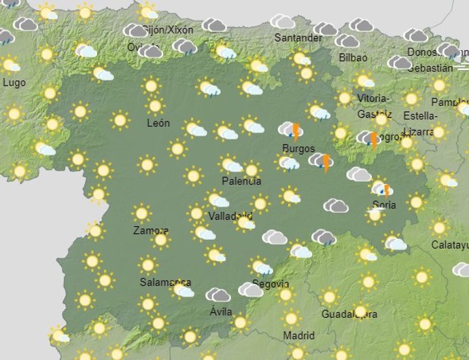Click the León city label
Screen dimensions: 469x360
tap(158, 124)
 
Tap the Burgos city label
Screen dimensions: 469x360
tap(298, 148)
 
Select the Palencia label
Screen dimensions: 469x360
tap(241, 181)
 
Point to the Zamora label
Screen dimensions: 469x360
tap(150, 230)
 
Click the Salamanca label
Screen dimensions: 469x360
tap(164, 282)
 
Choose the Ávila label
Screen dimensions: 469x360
tap(221, 312)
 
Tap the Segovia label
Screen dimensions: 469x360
tap(271, 284)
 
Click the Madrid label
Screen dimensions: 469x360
tap(298, 336)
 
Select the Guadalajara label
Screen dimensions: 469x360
tap(349, 314)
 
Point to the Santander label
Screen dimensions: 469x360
tap(298, 38)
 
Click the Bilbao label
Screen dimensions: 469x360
tap(353, 58)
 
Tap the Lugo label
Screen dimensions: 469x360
tap(14, 82)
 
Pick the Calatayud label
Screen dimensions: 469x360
tap(450, 245)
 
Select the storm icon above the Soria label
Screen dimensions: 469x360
tap(382, 189)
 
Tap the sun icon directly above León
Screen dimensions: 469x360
tap(156, 106)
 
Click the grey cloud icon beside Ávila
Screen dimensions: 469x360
tap(218, 295)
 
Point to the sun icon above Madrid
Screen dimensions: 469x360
tap(292, 317)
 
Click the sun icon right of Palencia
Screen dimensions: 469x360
tap(252, 170)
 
